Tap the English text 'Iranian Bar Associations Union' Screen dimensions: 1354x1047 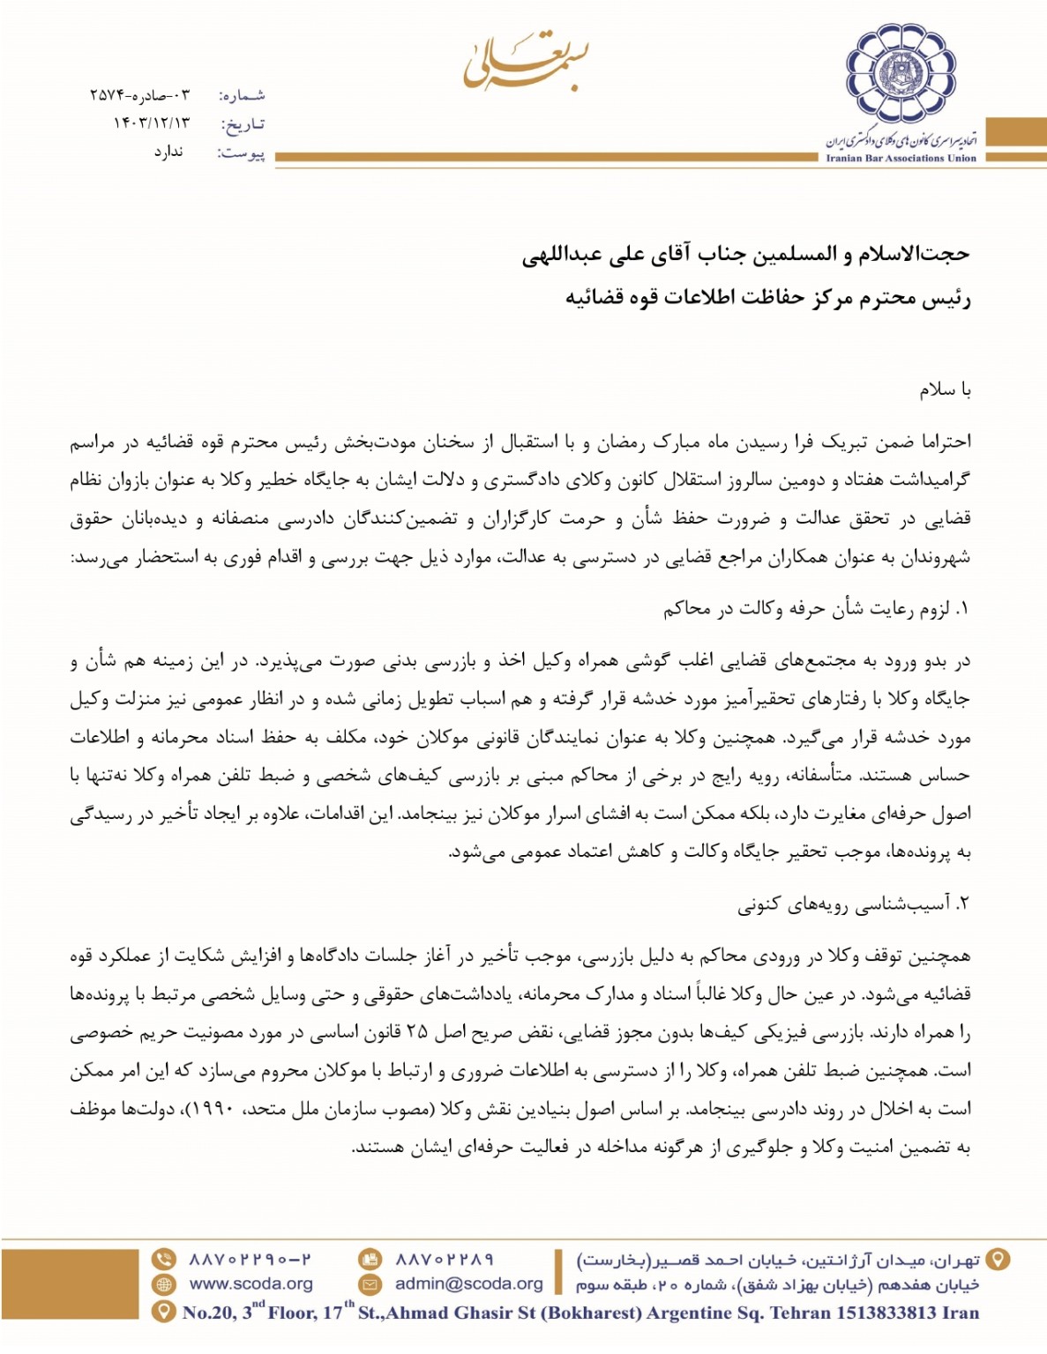901,159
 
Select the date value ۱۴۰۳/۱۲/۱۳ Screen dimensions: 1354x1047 151,123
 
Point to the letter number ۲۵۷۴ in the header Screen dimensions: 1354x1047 105,94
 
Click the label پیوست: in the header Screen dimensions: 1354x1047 241,153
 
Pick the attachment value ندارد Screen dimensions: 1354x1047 168,152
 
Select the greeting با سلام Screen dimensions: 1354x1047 945,390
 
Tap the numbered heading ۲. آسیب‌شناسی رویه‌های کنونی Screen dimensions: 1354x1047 853,904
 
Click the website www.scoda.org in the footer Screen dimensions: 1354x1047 251,1283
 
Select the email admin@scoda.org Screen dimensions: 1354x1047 468,1283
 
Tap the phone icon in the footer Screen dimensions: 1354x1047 164,1259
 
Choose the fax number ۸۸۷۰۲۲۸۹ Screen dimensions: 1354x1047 444,1259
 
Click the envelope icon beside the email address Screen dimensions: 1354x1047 370,1283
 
